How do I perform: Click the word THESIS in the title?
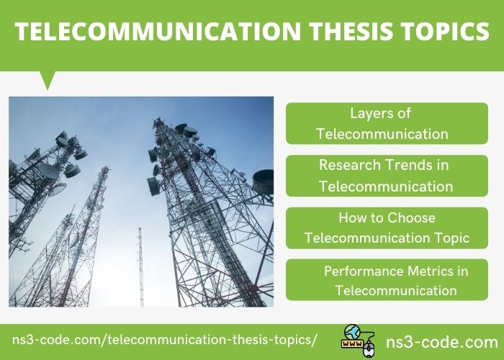pos(351,31)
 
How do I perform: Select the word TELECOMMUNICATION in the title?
pos(158,31)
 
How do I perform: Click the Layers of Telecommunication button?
pos(387,123)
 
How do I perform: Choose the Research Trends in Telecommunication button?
pos(387,176)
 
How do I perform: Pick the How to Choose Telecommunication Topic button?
pos(387,228)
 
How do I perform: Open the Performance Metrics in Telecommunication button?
pos(387,279)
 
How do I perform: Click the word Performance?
pos(364,271)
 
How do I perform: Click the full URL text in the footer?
pos(165,340)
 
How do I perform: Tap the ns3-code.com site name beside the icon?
pos(442,342)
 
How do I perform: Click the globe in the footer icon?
pos(352,332)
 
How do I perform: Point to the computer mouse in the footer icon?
pos(369,349)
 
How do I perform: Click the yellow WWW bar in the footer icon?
pos(353,344)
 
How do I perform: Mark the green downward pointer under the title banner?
pos(48,80)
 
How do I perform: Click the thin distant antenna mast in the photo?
pos(140,267)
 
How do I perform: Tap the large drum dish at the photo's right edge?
pos(263,182)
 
